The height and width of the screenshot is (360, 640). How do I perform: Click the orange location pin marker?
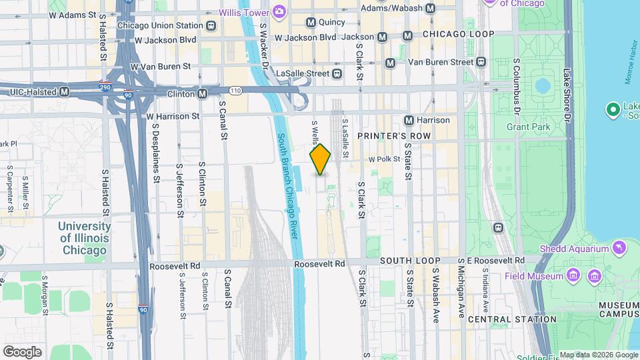pos(320,159)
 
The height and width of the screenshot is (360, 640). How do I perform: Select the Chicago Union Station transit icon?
pos(211,26)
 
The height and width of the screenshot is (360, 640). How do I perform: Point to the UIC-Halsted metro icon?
pos(65,92)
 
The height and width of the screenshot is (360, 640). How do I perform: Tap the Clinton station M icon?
pos(201,93)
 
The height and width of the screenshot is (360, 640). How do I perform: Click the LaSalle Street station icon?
pos(337,73)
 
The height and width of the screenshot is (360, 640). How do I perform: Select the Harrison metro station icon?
pos(409,120)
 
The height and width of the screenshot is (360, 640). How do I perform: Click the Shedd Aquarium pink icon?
pos(621,249)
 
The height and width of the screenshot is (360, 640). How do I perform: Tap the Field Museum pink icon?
pos(572,275)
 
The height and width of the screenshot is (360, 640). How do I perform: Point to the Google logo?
pos(22,351)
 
